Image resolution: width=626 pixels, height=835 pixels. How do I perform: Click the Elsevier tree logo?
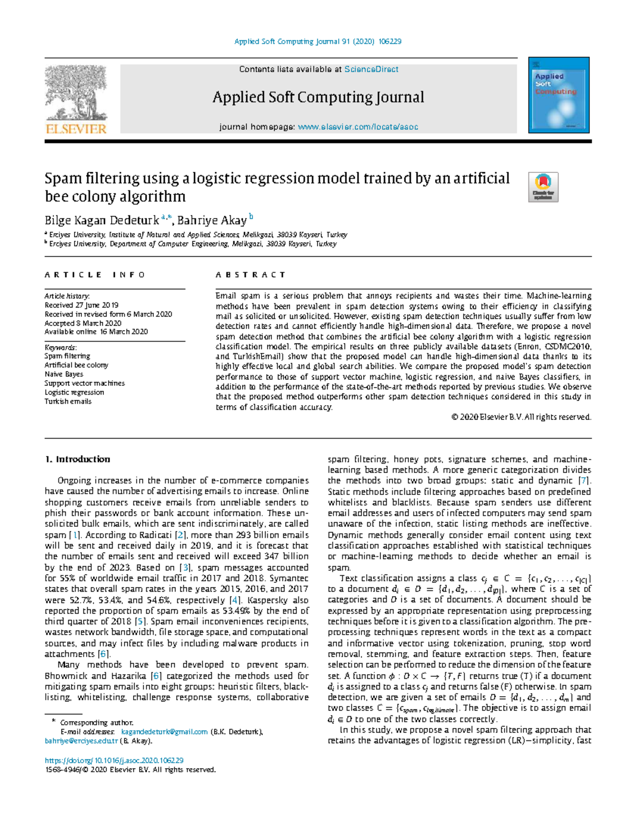click(76, 99)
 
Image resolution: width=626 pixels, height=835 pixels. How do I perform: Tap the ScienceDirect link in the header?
click(371, 69)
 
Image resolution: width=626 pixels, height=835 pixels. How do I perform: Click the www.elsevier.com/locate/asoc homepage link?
click(357, 127)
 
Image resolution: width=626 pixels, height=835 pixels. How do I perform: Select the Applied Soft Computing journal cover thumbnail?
click(559, 95)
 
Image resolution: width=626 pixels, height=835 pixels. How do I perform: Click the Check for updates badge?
click(543, 187)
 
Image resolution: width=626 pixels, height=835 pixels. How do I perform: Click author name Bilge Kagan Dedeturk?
click(102, 220)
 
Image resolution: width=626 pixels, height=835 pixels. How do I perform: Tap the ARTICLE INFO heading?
click(94, 275)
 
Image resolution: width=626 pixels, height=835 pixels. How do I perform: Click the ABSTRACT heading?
click(250, 275)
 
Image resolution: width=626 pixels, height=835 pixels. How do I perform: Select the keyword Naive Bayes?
click(64, 374)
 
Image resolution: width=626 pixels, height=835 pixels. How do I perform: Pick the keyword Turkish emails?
click(68, 402)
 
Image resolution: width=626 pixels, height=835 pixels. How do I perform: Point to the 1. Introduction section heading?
click(77, 460)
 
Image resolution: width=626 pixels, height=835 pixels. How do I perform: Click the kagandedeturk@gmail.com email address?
click(164, 732)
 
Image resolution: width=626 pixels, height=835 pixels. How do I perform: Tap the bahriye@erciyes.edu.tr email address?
click(81, 740)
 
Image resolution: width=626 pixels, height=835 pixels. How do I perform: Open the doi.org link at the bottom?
click(114, 760)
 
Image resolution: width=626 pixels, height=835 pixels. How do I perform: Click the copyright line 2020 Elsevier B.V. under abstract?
click(521, 417)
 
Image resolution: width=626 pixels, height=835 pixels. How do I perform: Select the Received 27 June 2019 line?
click(81, 305)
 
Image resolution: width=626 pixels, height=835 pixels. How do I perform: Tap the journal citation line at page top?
click(318, 41)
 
